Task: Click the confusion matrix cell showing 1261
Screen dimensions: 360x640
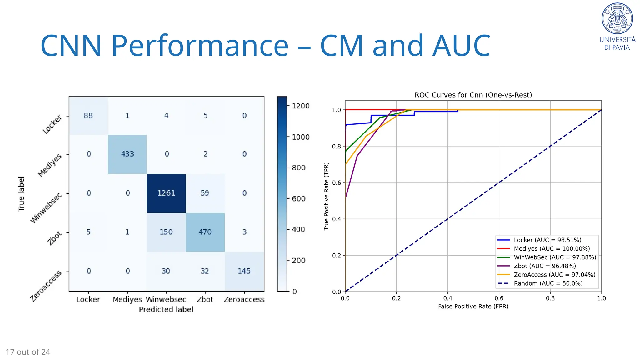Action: coord(166,193)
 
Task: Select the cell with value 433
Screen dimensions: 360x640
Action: coord(127,154)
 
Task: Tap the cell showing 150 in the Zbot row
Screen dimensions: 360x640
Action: coord(166,232)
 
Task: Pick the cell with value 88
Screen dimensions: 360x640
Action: coord(88,116)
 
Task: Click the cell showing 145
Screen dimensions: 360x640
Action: coord(244,271)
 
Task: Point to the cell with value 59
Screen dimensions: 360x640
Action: coord(205,193)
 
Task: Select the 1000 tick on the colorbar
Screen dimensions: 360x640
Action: coord(300,137)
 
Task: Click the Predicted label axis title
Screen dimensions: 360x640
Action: coord(166,310)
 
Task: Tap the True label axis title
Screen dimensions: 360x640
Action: coord(21,194)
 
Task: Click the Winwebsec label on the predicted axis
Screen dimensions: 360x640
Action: coord(166,300)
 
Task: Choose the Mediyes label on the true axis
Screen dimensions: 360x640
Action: coord(50,165)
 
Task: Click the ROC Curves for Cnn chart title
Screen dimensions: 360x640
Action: coord(473,95)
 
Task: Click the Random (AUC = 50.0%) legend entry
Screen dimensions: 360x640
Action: coord(548,284)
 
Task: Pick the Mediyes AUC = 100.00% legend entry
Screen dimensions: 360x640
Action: coord(552,249)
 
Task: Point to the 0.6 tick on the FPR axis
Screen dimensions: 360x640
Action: coord(499,298)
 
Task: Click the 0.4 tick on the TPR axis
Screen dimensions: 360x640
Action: coord(337,219)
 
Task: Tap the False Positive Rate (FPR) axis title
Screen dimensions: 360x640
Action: coord(473,307)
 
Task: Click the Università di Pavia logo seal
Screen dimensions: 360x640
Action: coord(617,18)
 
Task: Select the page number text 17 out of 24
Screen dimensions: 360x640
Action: coord(28,352)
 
